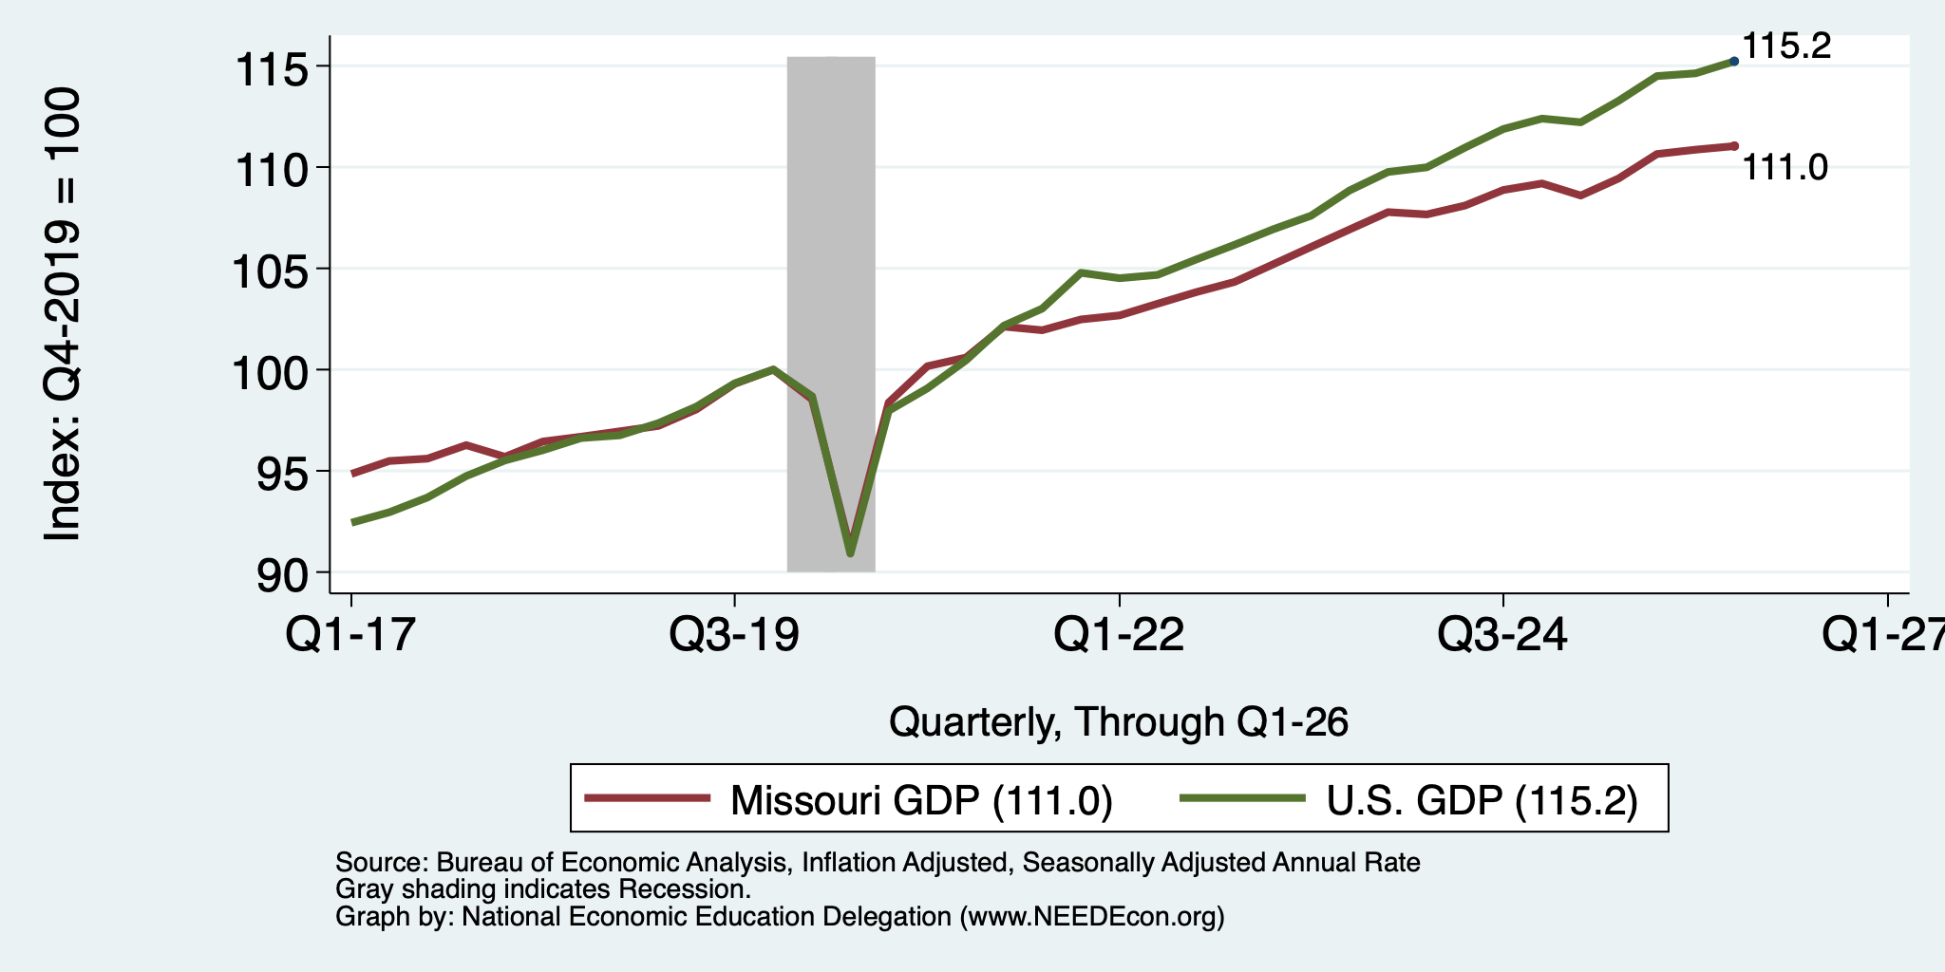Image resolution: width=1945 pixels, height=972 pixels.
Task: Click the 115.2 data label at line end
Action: [1786, 46]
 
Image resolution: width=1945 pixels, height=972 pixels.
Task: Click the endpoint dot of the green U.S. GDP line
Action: [1734, 61]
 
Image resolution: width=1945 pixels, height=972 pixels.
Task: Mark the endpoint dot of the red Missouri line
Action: [1734, 146]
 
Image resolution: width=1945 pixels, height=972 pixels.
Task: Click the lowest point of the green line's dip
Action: [850, 553]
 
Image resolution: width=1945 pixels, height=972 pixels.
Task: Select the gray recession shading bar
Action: [831, 313]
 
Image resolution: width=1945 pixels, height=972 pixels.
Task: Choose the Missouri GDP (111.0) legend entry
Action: [849, 799]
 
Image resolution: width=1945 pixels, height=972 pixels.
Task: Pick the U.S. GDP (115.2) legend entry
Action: [1409, 799]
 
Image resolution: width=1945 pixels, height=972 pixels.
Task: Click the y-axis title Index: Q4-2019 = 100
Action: [63, 314]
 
